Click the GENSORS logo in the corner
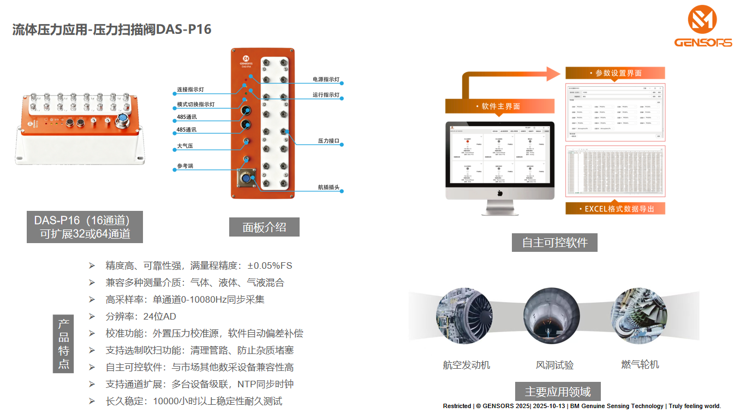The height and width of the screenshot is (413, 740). (x=703, y=27)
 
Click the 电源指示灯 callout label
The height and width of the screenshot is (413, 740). (x=326, y=80)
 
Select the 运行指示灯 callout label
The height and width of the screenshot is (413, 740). (x=326, y=95)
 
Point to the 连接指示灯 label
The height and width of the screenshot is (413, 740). (x=190, y=90)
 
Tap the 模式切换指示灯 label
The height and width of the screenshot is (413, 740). (x=195, y=104)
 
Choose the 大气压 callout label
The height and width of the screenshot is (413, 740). (x=186, y=146)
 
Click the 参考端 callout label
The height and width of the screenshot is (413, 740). (x=185, y=166)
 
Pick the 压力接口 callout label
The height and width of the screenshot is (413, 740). (x=329, y=141)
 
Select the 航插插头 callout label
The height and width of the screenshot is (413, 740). (x=329, y=187)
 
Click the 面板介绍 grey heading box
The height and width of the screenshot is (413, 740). (x=264, y=227)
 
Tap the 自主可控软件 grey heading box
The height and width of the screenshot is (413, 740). (x=554, y=242)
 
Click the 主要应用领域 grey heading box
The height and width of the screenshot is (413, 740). (x=558, y=392)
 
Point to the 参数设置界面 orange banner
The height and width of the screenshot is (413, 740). (x=615, y=73)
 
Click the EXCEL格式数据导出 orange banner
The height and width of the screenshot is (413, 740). (x=615, y=209)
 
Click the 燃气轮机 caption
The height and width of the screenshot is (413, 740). (x=640, y=364)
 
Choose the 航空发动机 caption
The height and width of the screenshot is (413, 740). (x=466, y=365)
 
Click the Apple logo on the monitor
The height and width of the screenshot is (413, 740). (x=499, y=193)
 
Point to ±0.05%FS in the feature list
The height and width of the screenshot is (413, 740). (x=270, y=265)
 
